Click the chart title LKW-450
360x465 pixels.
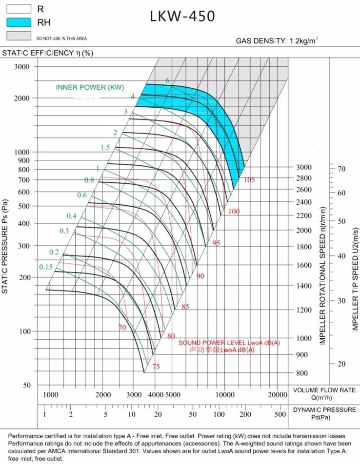pos(183,17)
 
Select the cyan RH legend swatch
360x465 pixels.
pos(19,21)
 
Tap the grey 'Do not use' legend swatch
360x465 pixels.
pos(19,36)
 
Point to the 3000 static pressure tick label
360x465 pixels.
pos(22,67)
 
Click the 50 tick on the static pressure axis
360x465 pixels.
pos(27,385)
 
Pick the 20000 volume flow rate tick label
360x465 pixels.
pos(277,394)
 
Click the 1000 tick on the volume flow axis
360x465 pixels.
pos(50,394)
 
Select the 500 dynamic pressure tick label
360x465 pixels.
pos(280,414)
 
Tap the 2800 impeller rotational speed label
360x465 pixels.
pos(303,178)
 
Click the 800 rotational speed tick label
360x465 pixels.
pos(301,373)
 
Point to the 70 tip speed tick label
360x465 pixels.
pos(341,169)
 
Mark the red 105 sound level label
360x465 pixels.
pos(249,180)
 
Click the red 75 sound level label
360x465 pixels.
pos(156,367)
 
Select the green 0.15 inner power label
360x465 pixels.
pos(46,267)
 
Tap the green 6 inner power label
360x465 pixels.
pos(167,80)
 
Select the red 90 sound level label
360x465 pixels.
pos(200,276)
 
